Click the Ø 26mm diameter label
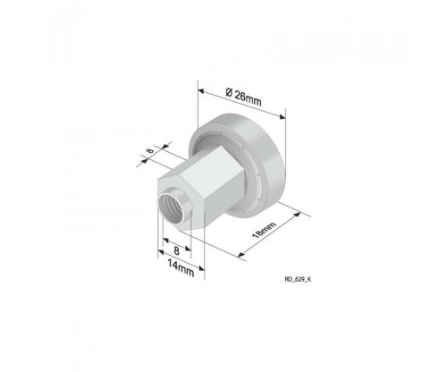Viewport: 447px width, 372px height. point(243,97)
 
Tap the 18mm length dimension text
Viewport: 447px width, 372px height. point(264,230)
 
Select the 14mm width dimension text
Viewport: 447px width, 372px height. point(181,267)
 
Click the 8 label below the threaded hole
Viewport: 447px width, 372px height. point(176,250)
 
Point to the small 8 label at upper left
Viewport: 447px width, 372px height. point(150,150)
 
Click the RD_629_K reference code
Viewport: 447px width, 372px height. point(298,279)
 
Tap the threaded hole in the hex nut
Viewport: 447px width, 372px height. point(172,208)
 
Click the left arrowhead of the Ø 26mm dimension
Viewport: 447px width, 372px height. point(201,90)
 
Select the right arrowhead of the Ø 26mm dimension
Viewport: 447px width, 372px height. point(282,116)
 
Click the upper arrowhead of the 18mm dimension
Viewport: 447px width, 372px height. point(298,215)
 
